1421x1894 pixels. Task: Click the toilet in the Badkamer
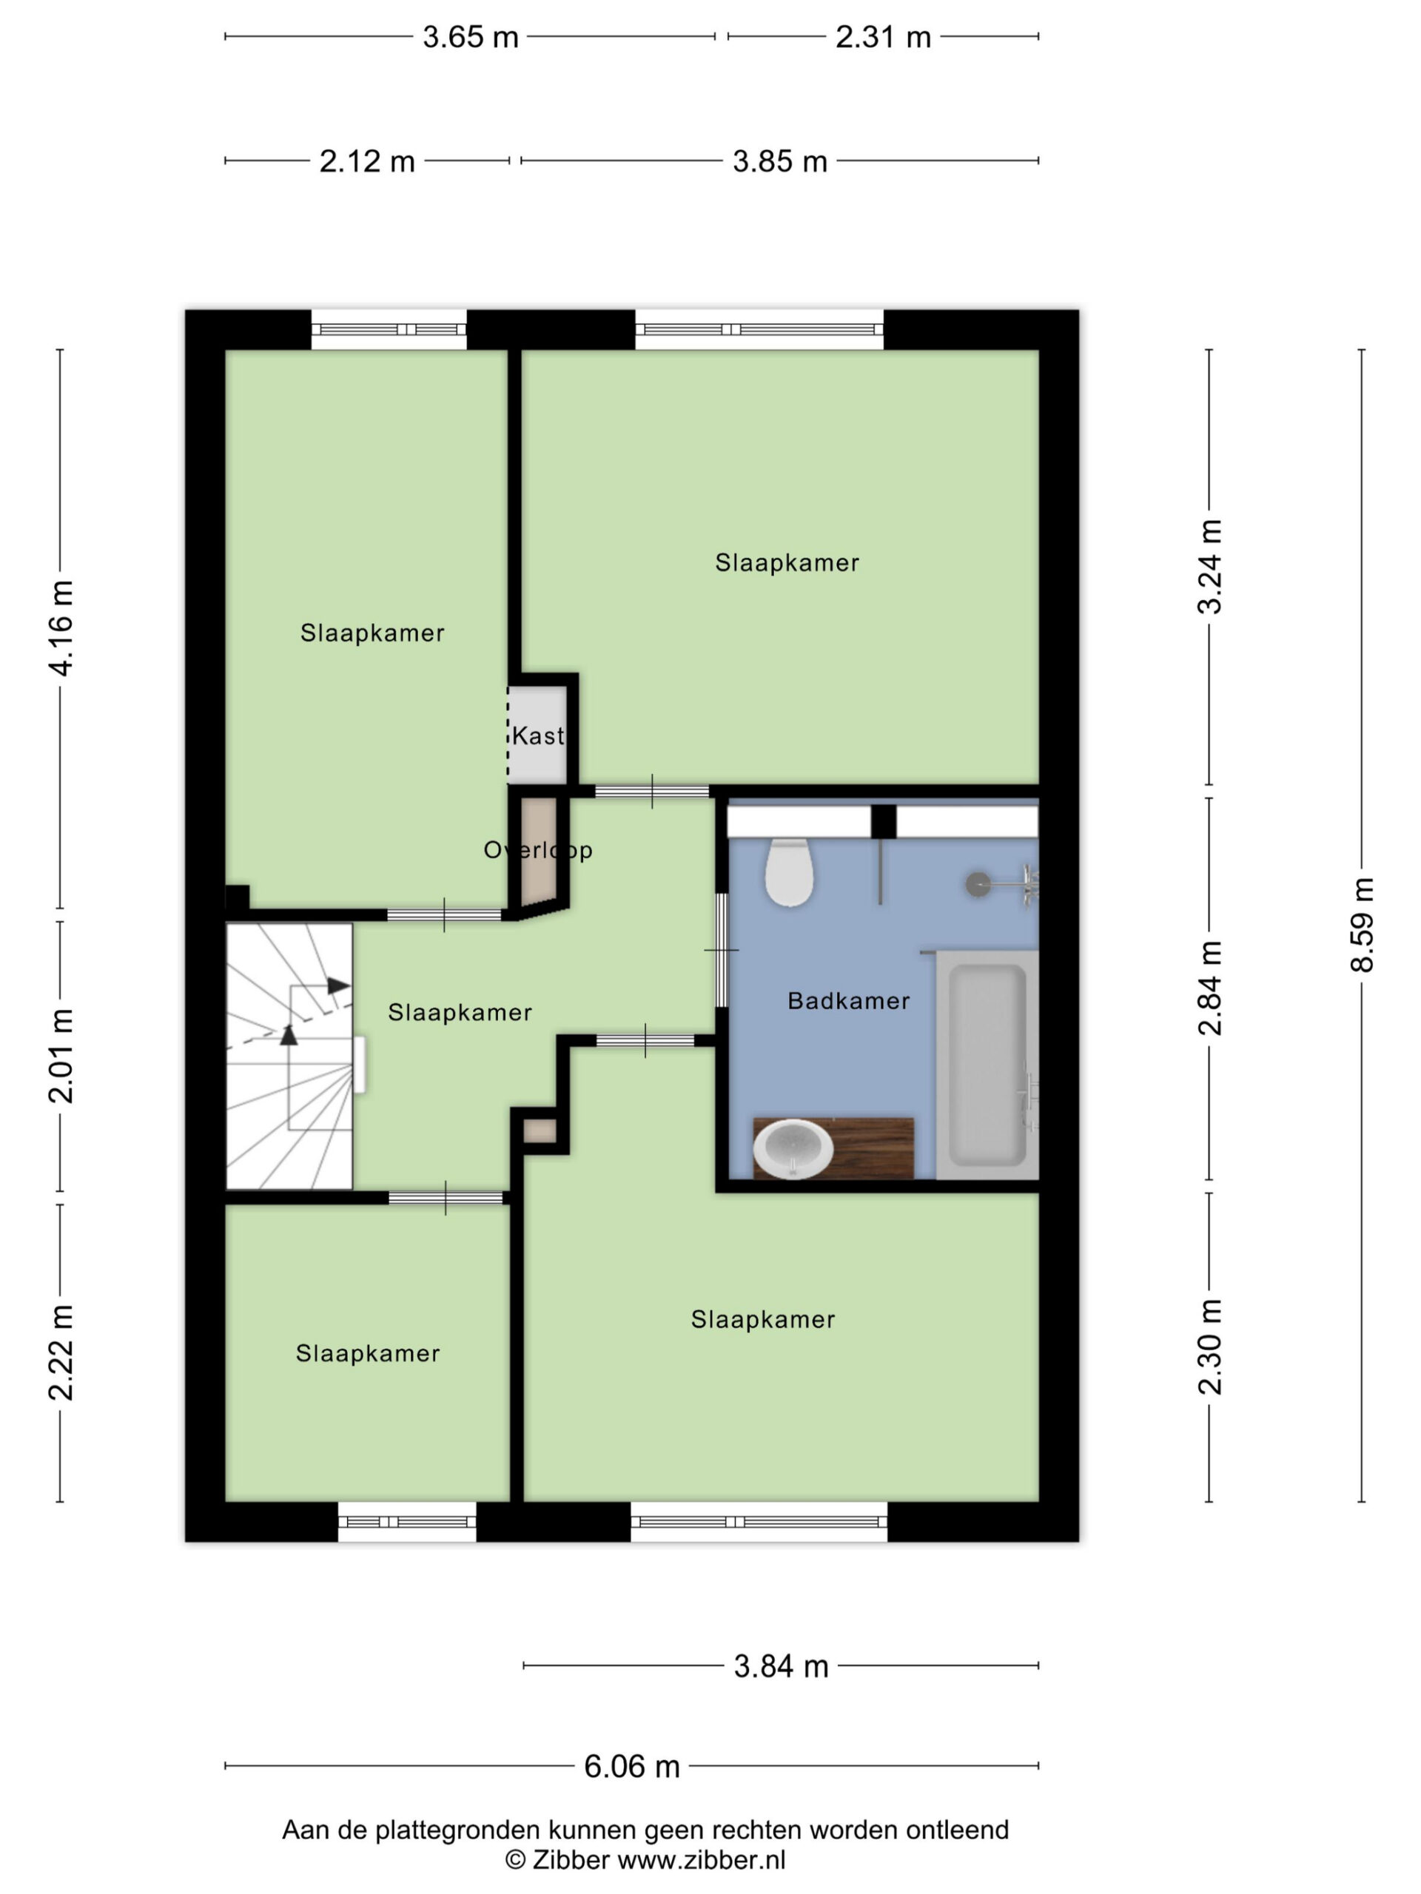[788, 872]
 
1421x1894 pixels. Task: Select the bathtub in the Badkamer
[987, 1065]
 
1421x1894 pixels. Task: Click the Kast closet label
[538, 735]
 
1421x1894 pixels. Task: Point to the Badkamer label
[848, 1000]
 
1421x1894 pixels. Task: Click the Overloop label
[538, 849]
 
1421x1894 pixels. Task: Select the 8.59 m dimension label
[1361, 925]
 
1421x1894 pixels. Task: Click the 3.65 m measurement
[470, 37]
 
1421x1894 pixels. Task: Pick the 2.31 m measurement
[883, 37]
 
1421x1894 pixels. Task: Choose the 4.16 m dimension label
[61, 627]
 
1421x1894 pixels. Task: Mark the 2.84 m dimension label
[1209, 987]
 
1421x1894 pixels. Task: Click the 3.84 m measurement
[781, 1666]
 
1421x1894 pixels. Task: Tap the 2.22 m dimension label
[61, 1353]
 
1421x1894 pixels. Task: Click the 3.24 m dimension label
[1209, 567]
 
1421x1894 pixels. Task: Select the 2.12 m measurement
[366, 161]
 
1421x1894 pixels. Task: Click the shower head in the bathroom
[978, 885]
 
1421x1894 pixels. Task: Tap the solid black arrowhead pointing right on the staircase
[339, 985]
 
